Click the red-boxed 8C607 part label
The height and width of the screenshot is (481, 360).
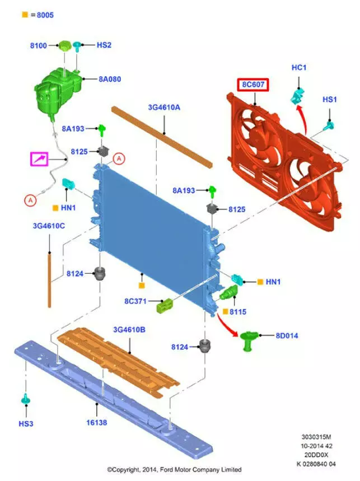[x=253, y=85]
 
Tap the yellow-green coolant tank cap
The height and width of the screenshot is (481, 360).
[x=65, y=46]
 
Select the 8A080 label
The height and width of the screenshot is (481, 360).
[x=110, y=79]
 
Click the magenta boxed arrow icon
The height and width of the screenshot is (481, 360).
[x=39, y=158]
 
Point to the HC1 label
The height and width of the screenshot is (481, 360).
[x=298, y=68]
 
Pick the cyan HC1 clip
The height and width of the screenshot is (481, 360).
[x=297, y=96]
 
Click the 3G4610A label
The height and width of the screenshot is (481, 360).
[x=164, y=108]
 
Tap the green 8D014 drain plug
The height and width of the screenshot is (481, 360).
[x=249, y=340]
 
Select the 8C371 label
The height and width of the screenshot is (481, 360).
[x=135, y=301]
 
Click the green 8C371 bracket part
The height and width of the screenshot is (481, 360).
[x=165, y=306]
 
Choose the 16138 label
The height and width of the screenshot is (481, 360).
[x=97, y=423]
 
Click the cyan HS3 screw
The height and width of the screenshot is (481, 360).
[x=26, y=399]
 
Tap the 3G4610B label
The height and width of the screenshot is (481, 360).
[x=129, y=330]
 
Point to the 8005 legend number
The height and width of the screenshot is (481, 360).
[x=45, y=15]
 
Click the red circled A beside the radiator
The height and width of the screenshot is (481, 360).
[x=119, y=158]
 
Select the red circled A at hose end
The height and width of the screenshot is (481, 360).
[x=30, y=200]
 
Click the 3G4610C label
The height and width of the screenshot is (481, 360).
[x=49, y=226]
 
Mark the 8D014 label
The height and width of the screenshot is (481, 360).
[x=287, y=335]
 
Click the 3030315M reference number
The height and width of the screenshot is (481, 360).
[x=316, y=437]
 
